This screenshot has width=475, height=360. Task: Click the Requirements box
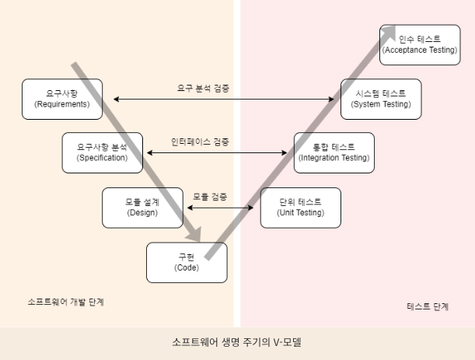pos(62,99)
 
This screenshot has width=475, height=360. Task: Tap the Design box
pos(141,208)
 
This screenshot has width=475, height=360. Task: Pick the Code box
pos(187,263)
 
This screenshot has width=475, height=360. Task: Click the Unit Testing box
pos(299,208)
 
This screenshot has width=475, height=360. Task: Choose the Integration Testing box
pos(334,152)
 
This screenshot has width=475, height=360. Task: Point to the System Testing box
pos(381,99)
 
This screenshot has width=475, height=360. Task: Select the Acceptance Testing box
pos(420,44)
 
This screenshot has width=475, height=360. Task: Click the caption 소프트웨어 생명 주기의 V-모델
pos(237,341)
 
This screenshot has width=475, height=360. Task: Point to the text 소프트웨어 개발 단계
pos(65,302)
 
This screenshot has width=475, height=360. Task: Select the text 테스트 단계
pos(428,306)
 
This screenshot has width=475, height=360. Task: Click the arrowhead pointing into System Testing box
pos(337,99)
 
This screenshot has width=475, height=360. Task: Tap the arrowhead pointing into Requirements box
pos(107,99)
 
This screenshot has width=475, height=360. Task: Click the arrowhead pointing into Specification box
pos(145,152)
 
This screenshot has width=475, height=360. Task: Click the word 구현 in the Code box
pos(187,257)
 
